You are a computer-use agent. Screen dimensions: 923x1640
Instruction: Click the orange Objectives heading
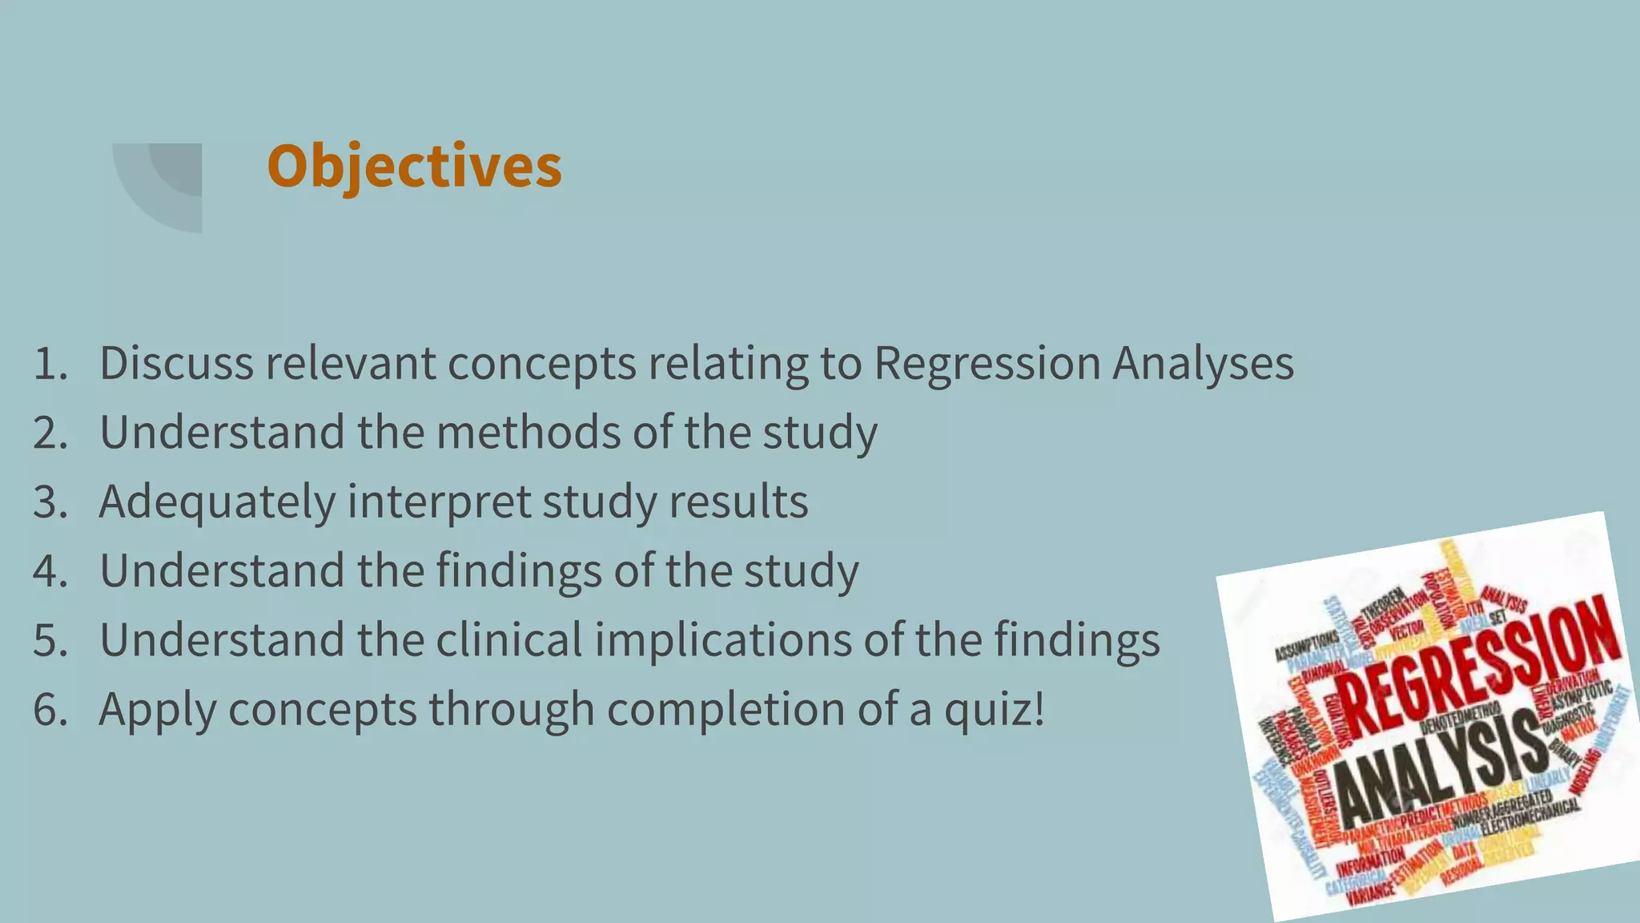click(414, 166)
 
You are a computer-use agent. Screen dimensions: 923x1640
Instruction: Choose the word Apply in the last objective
click(157, 710)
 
